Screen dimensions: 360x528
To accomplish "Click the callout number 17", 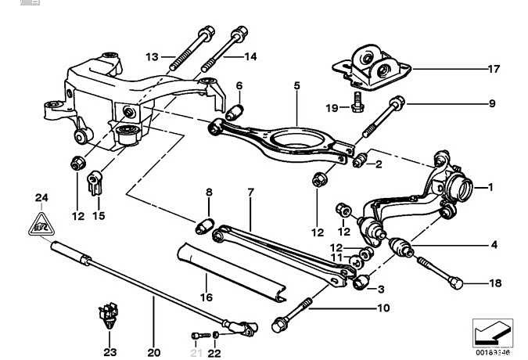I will (x=494, y=69).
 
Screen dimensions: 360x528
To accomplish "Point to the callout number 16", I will (x=207, y=297).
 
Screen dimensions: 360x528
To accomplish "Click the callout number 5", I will (x=297, y=84).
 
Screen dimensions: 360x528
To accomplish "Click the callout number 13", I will (x=152, y=56).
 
